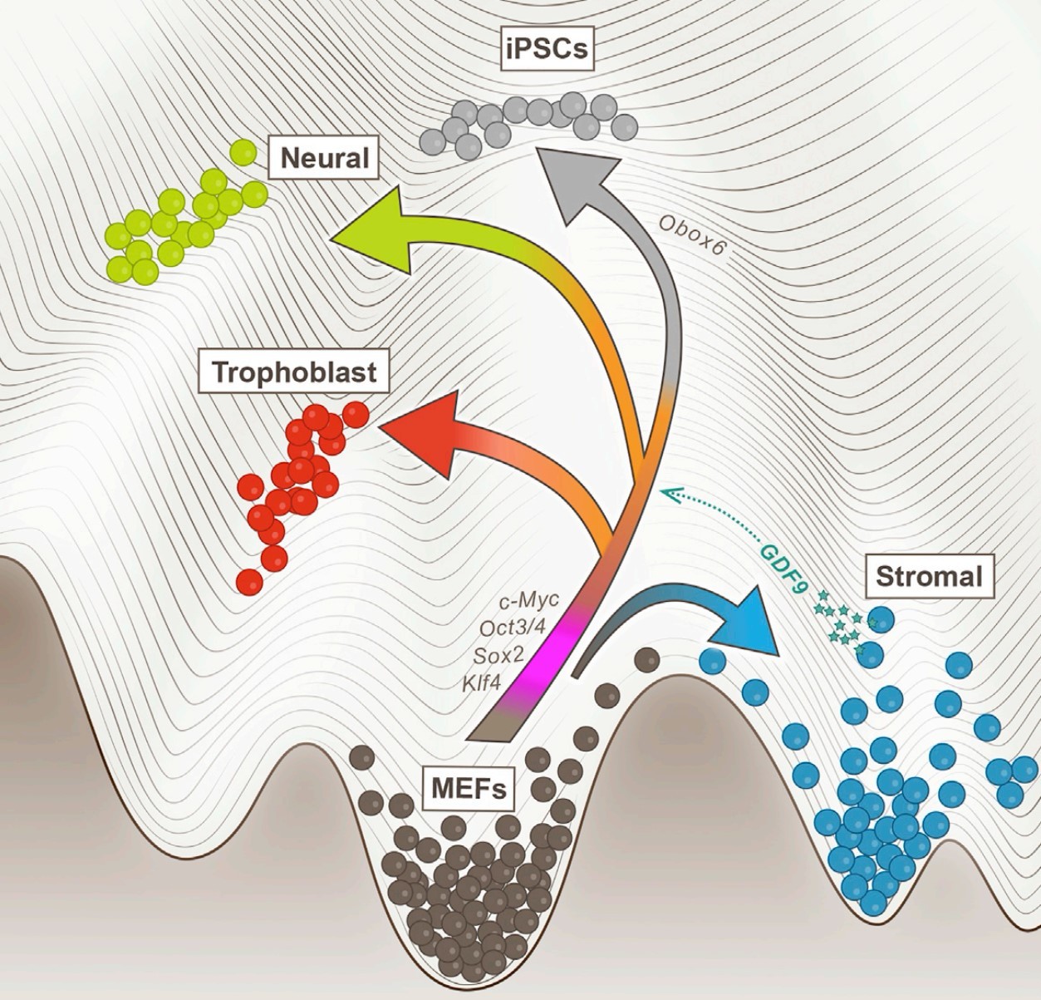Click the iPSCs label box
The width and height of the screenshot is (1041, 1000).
coord(544,47)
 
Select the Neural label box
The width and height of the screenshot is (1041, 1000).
coord(324,157)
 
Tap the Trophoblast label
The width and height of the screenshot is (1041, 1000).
coord(293,372)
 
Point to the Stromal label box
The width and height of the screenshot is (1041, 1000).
coord(928,576)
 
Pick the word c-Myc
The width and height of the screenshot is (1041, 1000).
coord(530,600)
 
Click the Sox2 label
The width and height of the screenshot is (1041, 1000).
coord(499,655)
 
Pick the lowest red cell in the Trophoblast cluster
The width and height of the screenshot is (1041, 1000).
coord(249,580)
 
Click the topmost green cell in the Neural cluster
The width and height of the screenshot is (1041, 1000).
coord(243,152)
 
